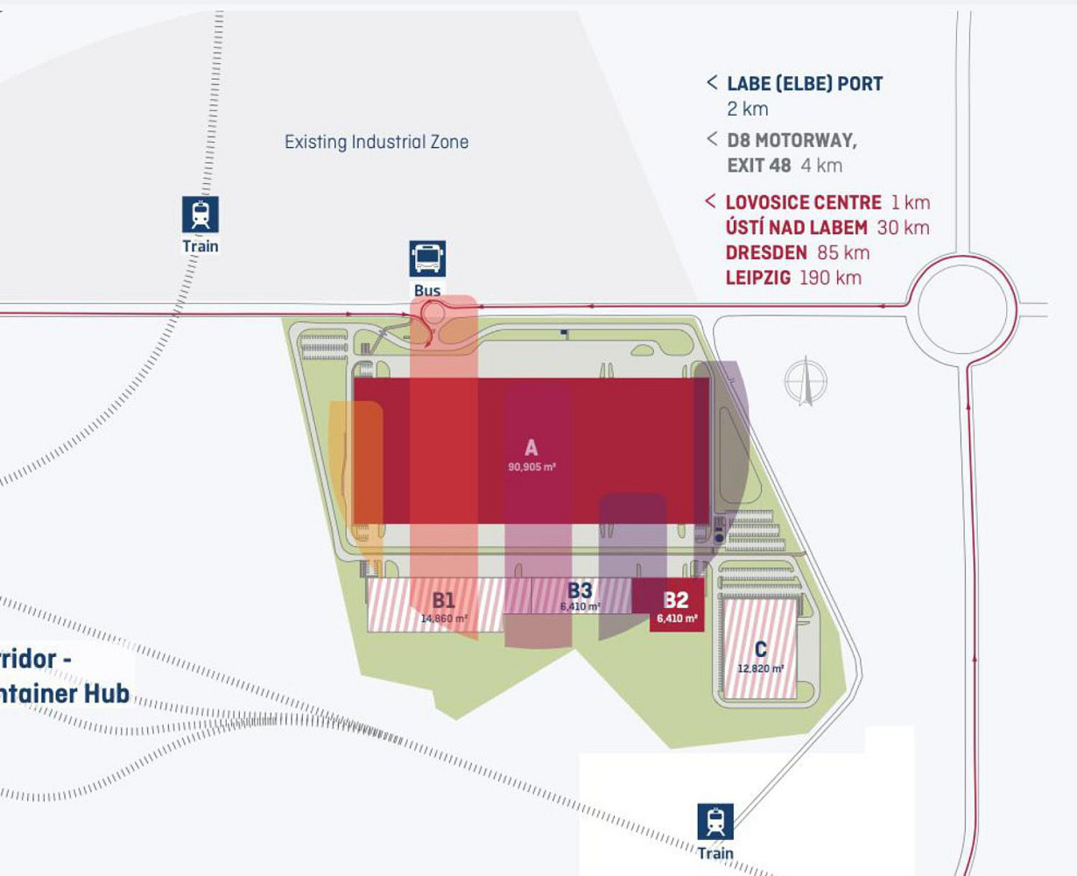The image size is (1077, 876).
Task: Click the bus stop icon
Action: pos(427,258)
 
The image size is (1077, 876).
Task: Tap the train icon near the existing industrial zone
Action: pos(201,215)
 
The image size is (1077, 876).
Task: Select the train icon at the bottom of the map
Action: pos(715,822)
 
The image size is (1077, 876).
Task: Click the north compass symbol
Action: pos(806,382)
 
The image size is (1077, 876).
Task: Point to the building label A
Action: pos(531,449)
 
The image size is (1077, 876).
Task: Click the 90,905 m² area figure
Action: pos(531,468)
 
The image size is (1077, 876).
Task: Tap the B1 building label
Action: pos(444,600)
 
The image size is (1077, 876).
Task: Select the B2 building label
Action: pos(676,600)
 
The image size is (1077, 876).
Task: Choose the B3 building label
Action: pos(580,590)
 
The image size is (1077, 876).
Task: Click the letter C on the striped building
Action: pos(760,649)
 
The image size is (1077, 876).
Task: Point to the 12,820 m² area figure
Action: pos(760,668)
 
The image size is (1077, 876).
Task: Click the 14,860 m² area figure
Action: pos(444,618)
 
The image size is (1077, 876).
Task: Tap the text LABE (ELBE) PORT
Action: pos(805,84)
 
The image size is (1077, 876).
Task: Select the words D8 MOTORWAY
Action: pos(792,140)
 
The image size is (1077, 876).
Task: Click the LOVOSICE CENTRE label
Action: pos(803,202)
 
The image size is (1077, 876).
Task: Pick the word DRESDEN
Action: pos(766,252)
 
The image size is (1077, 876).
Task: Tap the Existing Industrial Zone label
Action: pos(377,142)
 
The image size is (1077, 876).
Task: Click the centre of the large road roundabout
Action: pos(961,308)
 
